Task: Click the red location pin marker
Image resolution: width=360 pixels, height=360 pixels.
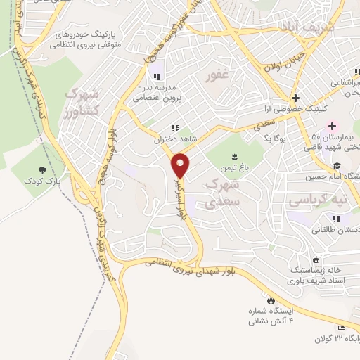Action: (181, 165)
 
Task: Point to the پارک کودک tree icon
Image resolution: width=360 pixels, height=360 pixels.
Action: (43, 170)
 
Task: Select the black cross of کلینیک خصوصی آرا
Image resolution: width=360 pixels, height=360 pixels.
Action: (296, 98)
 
